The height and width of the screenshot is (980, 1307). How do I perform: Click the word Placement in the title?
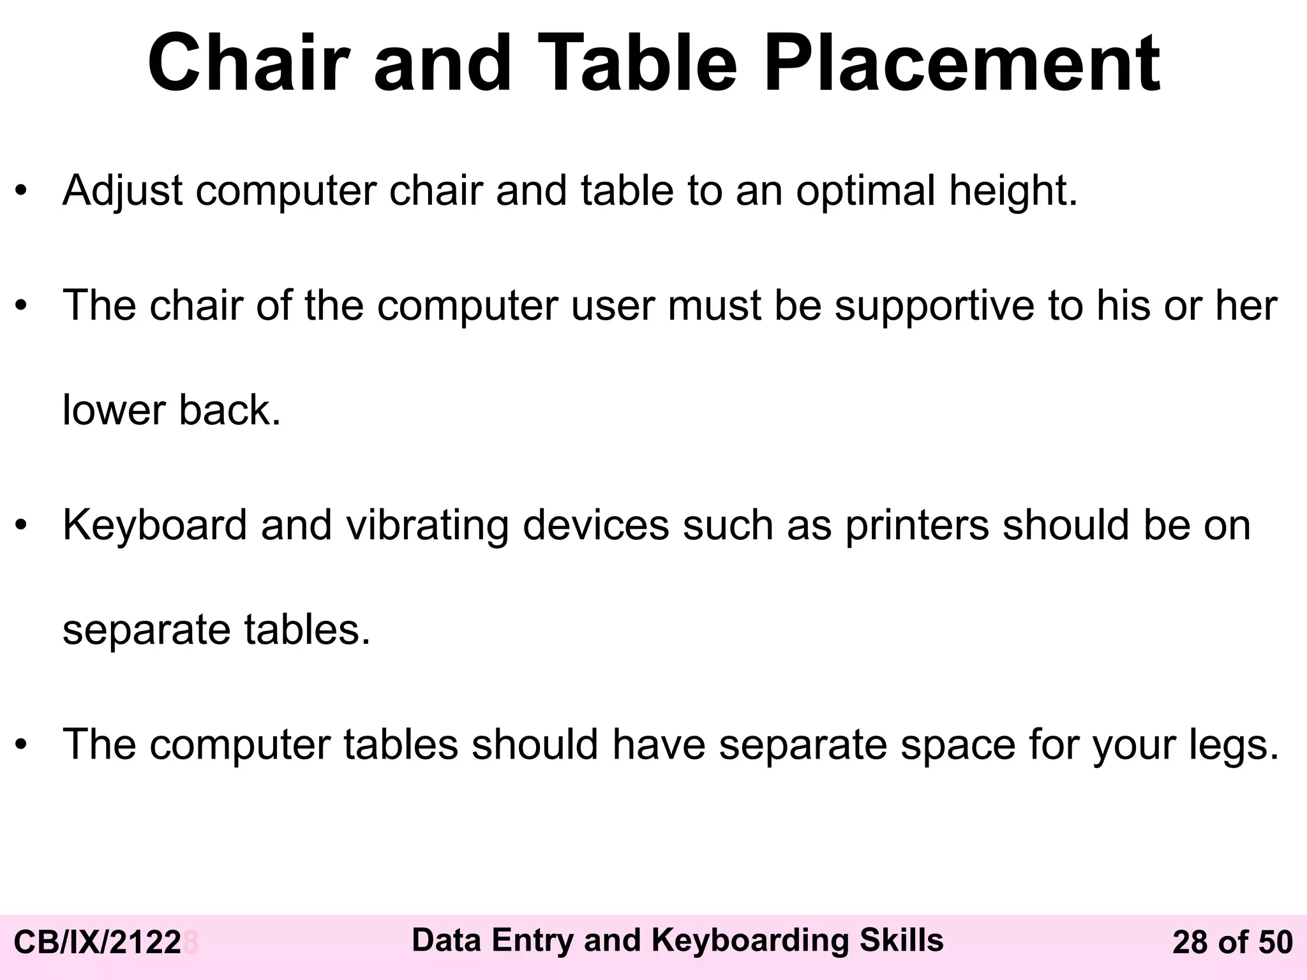pos(962,64)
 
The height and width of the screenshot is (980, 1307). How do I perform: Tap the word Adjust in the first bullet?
pos(123,191)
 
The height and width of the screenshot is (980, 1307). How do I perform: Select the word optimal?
pos(865,191)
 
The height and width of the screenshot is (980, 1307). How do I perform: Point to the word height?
pos(1013,191)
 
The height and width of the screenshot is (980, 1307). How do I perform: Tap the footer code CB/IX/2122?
pos(98,943)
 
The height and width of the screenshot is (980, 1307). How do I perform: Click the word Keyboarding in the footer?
pos(750,940)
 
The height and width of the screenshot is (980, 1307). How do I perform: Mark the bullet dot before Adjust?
pos(22,191)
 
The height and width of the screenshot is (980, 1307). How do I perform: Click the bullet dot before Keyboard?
pos(22,526)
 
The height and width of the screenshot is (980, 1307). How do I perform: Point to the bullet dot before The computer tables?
pos(22,745)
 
